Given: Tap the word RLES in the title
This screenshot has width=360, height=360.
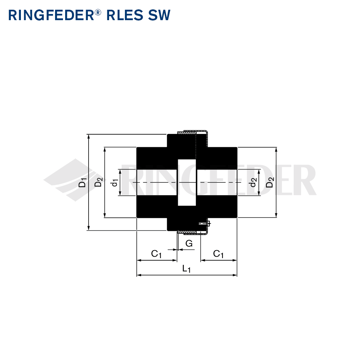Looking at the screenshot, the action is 125,15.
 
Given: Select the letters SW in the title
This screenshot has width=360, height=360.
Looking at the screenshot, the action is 159,15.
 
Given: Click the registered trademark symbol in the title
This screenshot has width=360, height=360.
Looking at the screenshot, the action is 98,12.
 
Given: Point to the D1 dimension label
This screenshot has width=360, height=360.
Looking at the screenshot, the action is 82,182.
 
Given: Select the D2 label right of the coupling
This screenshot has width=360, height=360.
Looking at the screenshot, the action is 270,182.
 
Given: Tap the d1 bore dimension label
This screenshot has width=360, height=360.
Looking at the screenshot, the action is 114,183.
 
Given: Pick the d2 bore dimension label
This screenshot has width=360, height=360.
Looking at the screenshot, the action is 253,183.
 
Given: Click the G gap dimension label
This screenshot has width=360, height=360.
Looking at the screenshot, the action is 189,243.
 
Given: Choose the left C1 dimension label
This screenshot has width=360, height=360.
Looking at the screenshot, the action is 156,254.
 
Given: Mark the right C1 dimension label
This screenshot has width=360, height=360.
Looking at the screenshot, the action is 219,254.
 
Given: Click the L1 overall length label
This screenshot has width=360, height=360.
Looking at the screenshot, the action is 186,269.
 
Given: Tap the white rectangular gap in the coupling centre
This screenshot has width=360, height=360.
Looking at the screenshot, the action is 187,183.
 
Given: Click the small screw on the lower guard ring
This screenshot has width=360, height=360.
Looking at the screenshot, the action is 204,223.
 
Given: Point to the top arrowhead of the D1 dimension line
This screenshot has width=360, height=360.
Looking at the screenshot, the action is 89,136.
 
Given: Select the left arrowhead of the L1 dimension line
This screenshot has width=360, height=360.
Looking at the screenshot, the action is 139,275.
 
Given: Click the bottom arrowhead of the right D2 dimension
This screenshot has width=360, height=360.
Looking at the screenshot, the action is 276,215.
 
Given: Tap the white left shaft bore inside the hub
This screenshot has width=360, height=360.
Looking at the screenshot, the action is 157,183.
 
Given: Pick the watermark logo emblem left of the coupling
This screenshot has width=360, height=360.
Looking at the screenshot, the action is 71,180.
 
